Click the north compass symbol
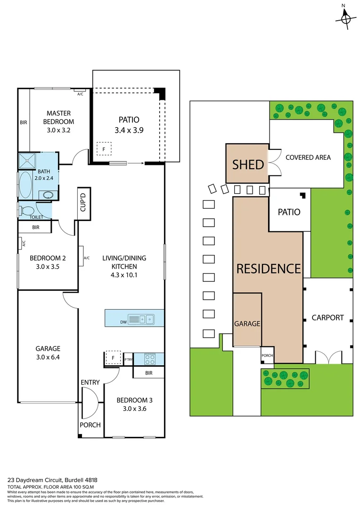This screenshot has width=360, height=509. [345, 19]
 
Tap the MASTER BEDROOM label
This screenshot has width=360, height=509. [58, 117]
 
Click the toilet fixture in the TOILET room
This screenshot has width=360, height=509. [27, 210]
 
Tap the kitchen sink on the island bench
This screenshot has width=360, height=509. [141, 319]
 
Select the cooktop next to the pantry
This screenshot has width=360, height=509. [149, 359]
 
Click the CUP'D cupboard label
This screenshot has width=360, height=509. [83, 203]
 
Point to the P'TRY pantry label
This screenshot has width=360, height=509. [128, 361]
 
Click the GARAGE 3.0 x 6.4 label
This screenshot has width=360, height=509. [48, 353]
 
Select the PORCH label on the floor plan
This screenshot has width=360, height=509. [90, 425]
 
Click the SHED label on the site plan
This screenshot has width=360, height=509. [247, 164]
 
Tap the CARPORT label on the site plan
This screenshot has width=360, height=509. [327, 317]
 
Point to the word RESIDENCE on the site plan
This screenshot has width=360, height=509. [268, 269]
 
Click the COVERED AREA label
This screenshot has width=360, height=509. [308, 157]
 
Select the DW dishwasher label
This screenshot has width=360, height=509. [123, 322]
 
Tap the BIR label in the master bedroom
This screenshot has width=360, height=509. [24, 123]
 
